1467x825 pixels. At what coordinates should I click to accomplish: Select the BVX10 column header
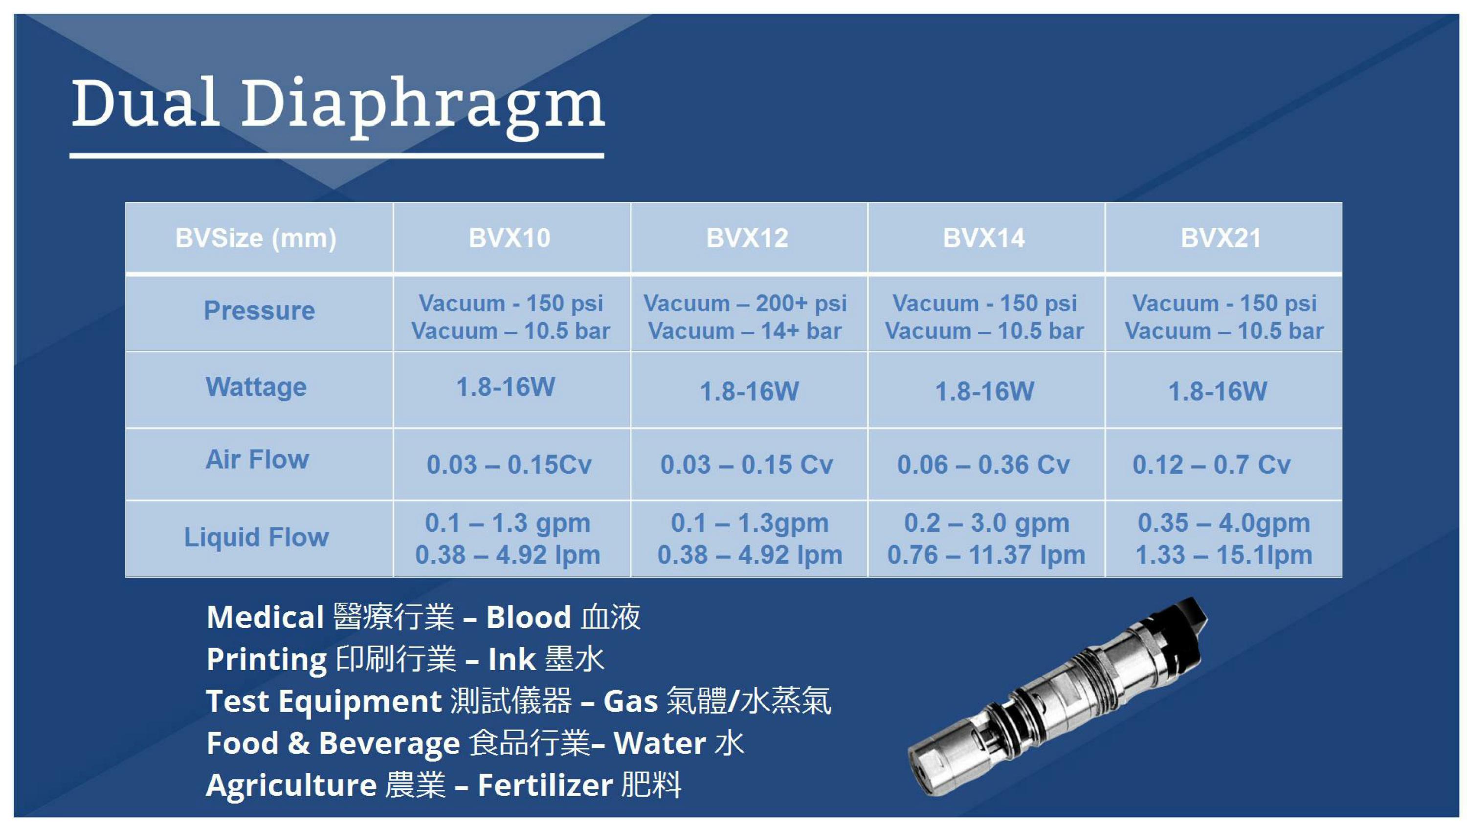tap(510, 238)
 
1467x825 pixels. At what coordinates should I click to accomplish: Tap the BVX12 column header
tap(747, 238)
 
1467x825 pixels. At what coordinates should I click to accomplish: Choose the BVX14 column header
tap(984, 238)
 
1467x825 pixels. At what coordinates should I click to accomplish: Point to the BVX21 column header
tap(1221, 238)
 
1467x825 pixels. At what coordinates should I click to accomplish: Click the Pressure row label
tap(259, 311)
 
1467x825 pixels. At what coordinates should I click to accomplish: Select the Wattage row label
tap(256, 388)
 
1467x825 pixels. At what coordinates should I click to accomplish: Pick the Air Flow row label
tap(257, 459)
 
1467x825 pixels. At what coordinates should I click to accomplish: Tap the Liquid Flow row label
tap(256, 537)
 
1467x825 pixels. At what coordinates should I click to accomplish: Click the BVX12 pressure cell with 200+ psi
tap(745, 317)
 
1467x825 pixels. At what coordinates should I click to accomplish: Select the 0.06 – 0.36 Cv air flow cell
tap(983, 465)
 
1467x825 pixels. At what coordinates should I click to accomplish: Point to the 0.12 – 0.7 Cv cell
tap(1211, 465)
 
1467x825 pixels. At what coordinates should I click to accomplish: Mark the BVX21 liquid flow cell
tap(1224, 539)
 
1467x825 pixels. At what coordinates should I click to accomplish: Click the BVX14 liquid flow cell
tap(986, 539)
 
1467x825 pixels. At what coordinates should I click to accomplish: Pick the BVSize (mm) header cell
tap(256, 238)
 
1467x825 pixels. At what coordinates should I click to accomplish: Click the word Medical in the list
tap(266, 617)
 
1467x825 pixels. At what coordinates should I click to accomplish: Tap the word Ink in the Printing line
tap(512, 659)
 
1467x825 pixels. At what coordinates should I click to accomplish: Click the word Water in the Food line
tap(660, 743)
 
